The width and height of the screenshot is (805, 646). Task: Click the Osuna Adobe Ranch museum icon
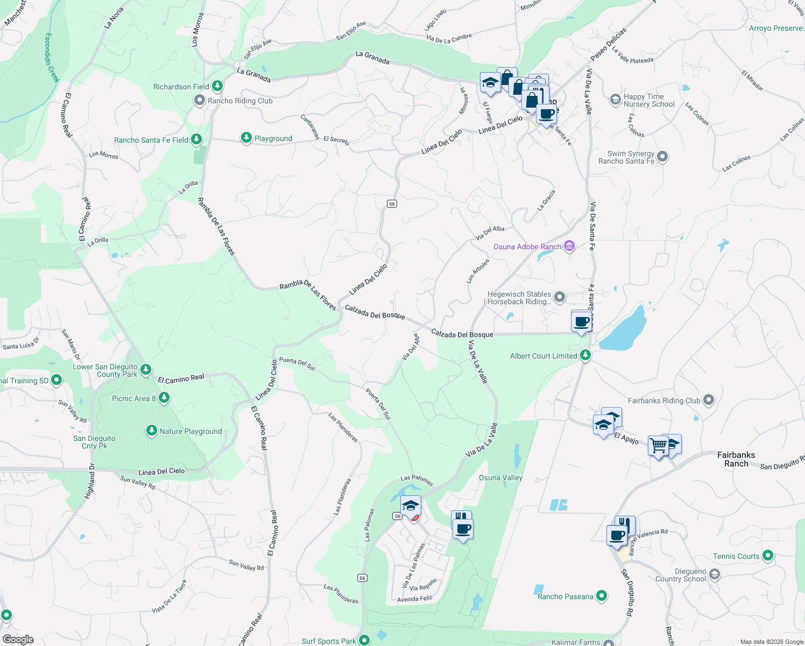coord(569,247)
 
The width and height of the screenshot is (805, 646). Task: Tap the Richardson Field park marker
coord(217,86)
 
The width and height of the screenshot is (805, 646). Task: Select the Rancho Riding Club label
coord(240,101)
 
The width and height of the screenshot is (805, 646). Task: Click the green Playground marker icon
coord(246,138)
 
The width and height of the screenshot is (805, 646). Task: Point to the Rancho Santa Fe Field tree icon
coord(196,140)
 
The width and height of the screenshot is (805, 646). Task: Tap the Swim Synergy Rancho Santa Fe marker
coord(662,157)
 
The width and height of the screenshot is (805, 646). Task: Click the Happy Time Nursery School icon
coord(615,100)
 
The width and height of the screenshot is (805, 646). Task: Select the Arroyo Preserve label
coord(775,28)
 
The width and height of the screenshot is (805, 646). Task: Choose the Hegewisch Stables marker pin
coord(560,297)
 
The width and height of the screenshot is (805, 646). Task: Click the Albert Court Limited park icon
coord(585,355)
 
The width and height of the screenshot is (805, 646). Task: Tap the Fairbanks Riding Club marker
coord(709,400)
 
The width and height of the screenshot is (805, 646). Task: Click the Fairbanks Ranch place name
coord(736,459)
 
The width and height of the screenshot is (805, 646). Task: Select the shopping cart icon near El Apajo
coord(658,446)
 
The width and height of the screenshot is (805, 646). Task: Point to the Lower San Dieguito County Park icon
coord(146,370)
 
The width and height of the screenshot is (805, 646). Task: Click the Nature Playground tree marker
coord(152,431)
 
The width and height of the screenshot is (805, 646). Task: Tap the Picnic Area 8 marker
coord(164,398)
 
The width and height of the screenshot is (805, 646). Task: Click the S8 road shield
coord(392,203)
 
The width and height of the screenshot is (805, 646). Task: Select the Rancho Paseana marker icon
coord(602,596)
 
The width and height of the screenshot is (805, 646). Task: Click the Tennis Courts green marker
coord(768,556)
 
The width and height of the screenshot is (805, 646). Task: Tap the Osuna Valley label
coord(500,478)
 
